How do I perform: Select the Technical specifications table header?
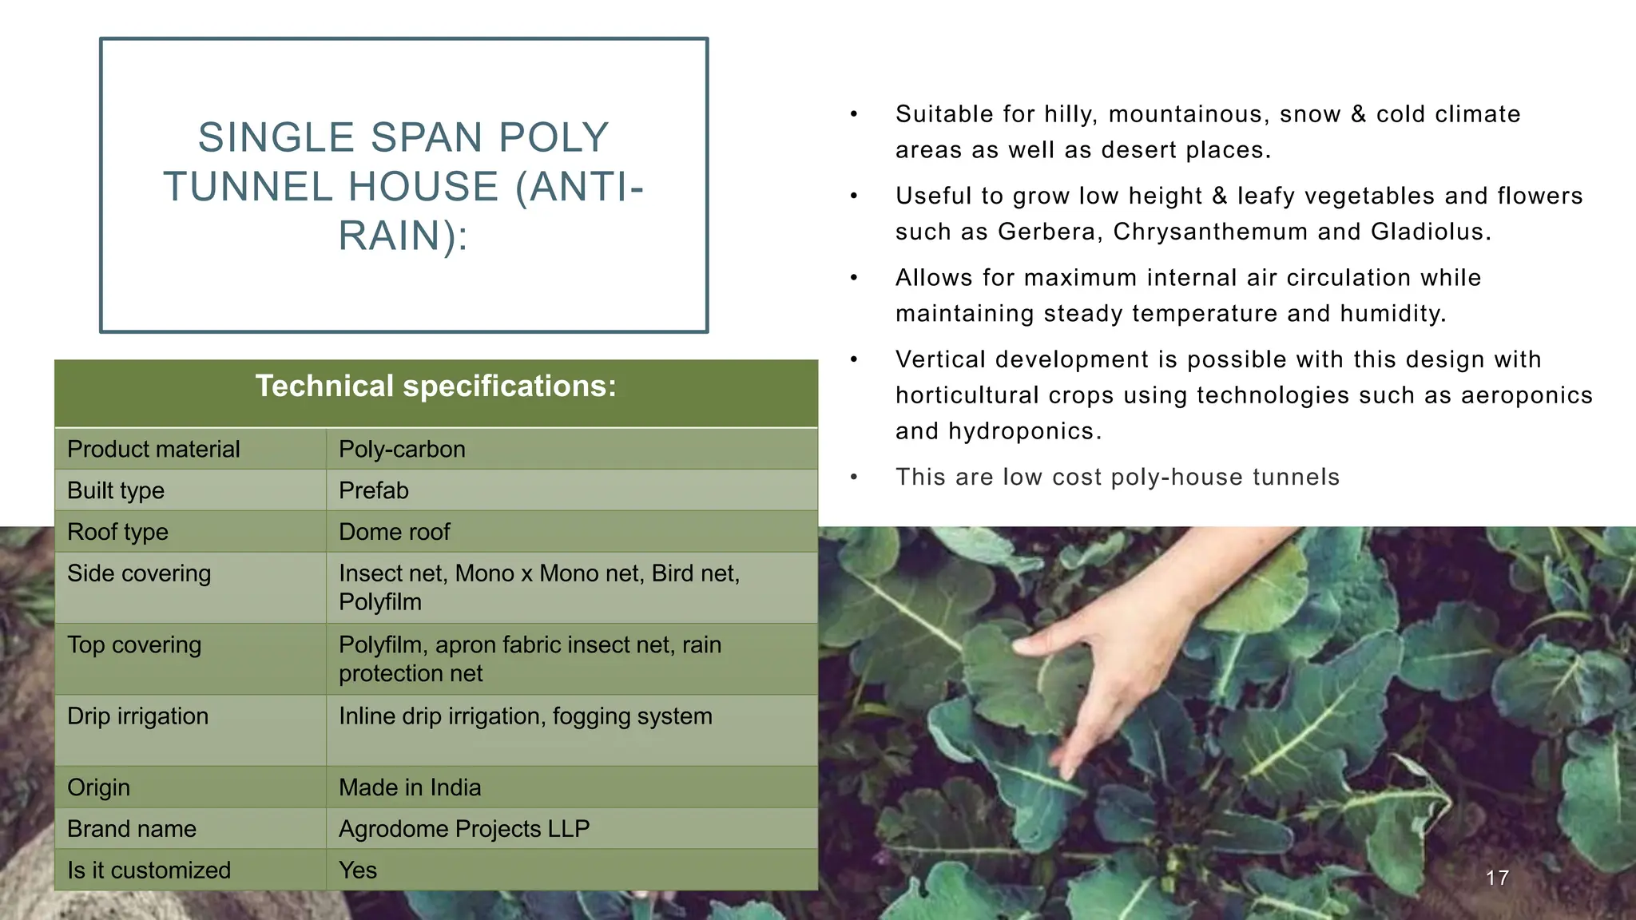pos(436,387)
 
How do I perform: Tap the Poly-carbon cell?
pos(402,449)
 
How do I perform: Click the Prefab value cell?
pos(373,490)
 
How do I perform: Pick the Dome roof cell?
pos(394,532)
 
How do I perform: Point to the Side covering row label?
pos(139,573)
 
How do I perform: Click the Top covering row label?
pos(134,645)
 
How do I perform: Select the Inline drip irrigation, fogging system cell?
pos(525,716)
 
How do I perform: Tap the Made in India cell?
pos(410,787)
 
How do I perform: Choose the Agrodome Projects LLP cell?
pos(463,829)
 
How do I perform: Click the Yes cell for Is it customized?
pos(357,870)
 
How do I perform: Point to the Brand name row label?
pos(132,829)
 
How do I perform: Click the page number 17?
pos(1497,878)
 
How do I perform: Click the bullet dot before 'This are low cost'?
pos(854,478)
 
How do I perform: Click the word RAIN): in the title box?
pos(403,236)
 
